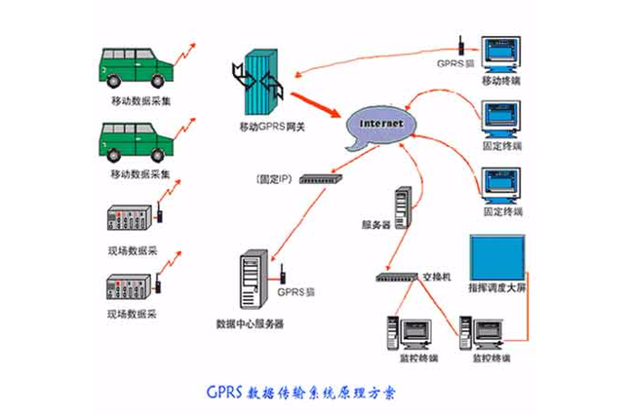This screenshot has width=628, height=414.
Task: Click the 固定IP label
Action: (273, 179)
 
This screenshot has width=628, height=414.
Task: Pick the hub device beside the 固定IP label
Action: (320, 179)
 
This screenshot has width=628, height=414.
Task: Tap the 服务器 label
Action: (376, 225)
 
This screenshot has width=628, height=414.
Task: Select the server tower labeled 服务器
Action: (402, 207)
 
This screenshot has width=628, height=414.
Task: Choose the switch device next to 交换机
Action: (397, 278)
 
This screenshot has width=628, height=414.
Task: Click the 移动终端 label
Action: (501, 81)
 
